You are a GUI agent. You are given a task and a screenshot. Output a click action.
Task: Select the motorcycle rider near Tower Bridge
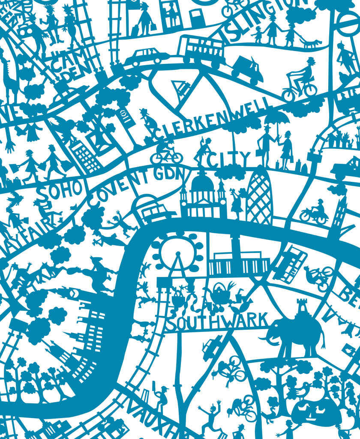click(316, 212)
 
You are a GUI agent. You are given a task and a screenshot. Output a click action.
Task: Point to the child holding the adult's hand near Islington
click(258, 34)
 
